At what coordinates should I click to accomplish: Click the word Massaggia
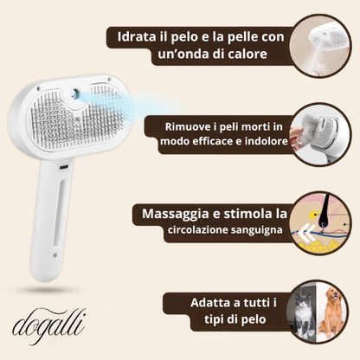click(185, 213)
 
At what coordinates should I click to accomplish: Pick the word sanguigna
click(254, 231)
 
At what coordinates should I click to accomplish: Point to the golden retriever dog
click(331, 313)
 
